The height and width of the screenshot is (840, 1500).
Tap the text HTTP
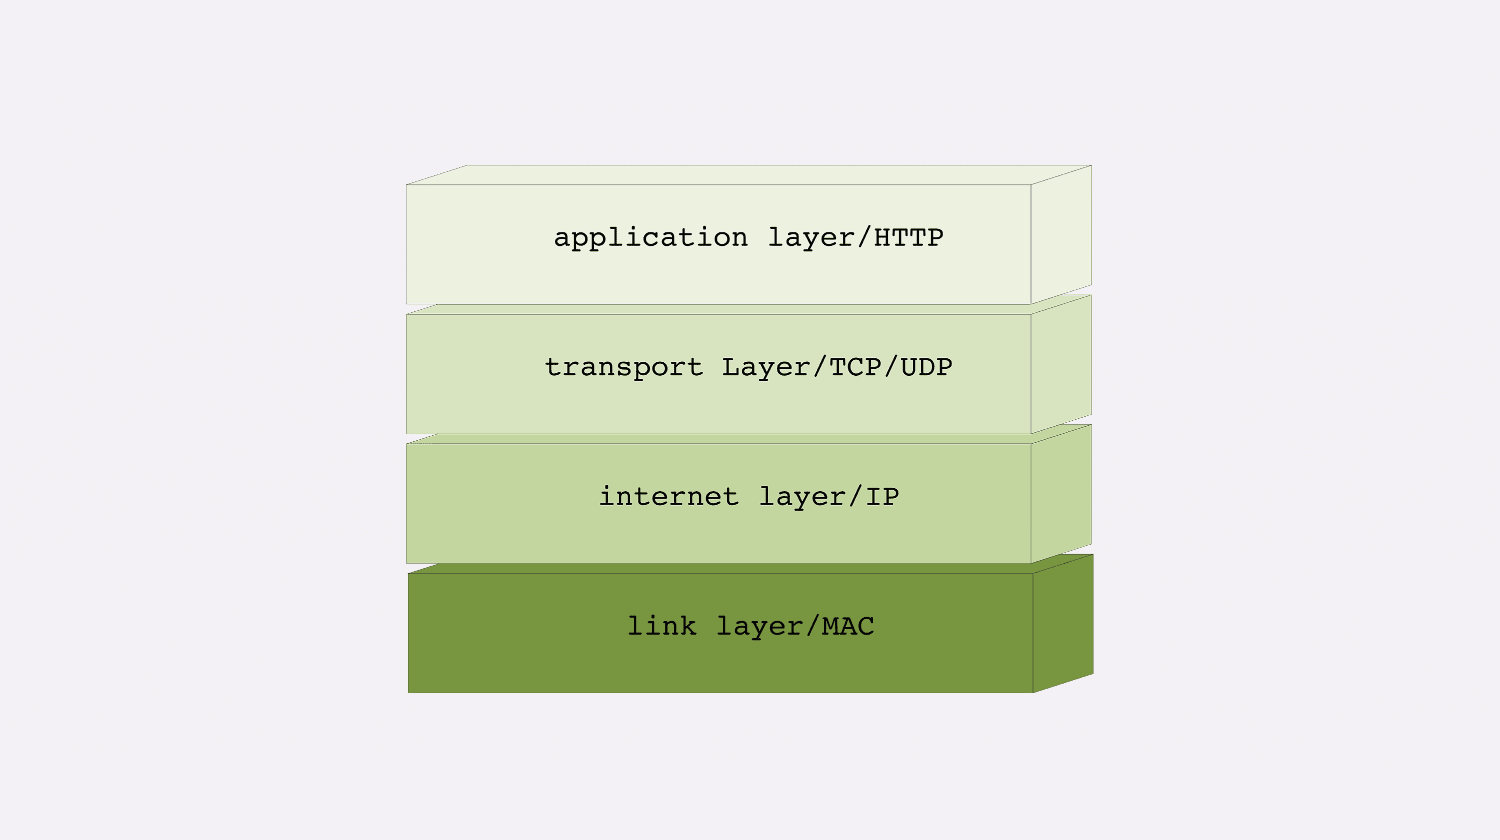tap(908, 237)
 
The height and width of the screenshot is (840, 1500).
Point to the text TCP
tap(855, 367)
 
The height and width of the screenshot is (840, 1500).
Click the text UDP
tap(926, 367)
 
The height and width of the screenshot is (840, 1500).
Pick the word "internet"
tap(668, 497)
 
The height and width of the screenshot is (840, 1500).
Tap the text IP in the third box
tap(882, 497)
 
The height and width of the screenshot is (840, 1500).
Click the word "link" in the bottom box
tap(661, 626)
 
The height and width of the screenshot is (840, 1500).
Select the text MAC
tap(848, 626)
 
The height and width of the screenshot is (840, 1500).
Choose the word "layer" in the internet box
tap(802, 497)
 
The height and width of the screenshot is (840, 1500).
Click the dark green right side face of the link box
tap(1062, 624)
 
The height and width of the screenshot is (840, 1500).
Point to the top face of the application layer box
tap(748, 174)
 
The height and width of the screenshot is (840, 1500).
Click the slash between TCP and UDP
tap(891, 367)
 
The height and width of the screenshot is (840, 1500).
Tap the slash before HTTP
tap(864, 237)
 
